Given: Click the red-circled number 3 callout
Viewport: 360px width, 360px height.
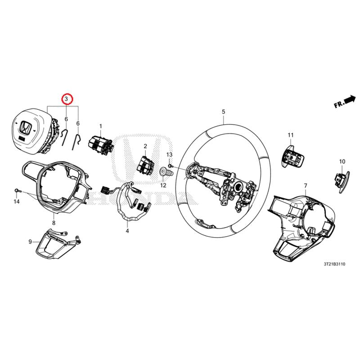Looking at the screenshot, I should click(67, 98).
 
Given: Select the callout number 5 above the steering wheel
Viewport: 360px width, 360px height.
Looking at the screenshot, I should click(223, 111).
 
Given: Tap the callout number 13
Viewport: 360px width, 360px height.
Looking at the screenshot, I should click(170, 155).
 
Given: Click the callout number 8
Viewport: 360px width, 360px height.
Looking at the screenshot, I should click(54, 222).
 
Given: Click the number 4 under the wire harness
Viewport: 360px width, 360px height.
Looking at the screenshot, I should click(127, 231).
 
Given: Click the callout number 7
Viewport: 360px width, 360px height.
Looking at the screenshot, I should click(305, 185).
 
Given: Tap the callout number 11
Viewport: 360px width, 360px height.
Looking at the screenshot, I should click(291, 135).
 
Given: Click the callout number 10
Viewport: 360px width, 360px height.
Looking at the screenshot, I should click(342, 161).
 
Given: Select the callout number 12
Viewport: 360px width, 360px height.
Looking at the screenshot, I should click(163, 185).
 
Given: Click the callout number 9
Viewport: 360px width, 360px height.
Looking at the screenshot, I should click(31, 242).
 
